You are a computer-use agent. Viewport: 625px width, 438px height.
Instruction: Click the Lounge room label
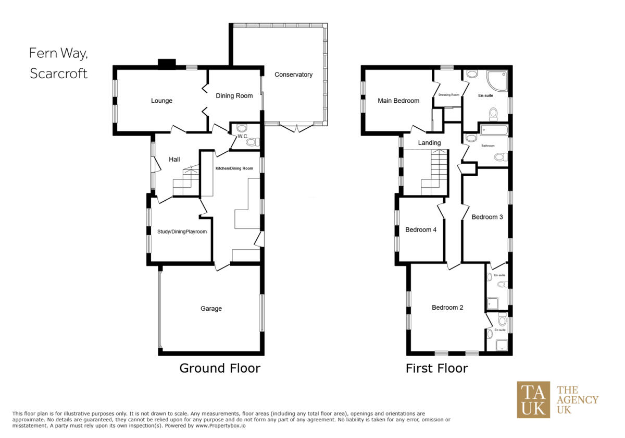[161, 101]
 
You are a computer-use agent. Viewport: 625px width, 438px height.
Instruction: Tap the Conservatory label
[293, 75]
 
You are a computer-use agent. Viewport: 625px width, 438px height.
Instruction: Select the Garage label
[211, 309]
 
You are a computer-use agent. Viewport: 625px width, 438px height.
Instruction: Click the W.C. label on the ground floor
[242, 137]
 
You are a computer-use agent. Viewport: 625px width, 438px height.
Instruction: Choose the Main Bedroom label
[398, 101]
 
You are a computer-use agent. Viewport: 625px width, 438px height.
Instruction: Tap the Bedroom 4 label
[421, 230]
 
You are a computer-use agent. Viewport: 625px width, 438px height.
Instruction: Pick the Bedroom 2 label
[447, 308]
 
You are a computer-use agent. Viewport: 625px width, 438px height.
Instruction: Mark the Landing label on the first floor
[429, 143]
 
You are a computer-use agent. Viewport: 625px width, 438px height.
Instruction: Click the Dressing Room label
[448, 95]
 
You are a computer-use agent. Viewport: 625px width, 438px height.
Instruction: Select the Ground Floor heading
[219, 368]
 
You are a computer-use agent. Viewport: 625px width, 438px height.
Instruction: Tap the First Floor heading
[436, 368]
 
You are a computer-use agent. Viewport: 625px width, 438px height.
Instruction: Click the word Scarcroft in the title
[58, 74]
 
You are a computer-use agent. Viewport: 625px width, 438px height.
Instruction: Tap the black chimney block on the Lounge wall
[167, 64]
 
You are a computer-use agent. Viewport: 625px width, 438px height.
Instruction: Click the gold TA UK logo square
[533, 400]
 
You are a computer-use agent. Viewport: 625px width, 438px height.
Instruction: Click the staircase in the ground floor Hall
[186, 180]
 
